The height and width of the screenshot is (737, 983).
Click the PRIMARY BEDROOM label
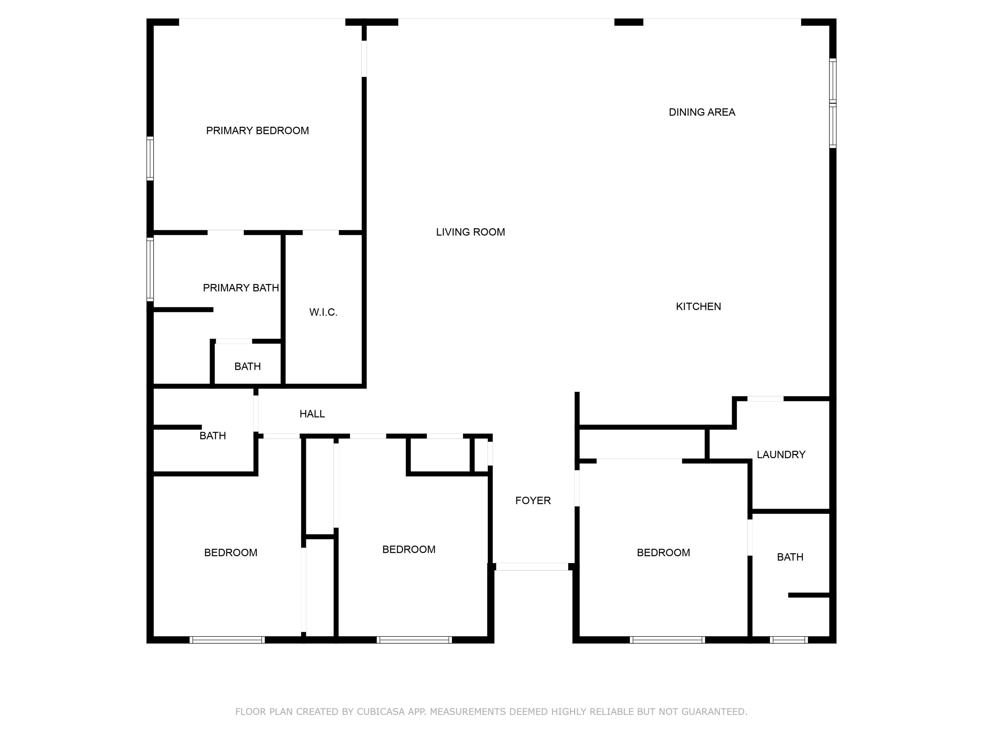pos(257,131)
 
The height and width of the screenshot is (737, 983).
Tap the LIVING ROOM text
pos(470,232)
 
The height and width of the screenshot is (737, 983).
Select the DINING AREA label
pos(702,112)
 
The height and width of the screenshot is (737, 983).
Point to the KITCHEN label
pos(698,307)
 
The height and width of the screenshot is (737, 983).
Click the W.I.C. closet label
pos(323,312)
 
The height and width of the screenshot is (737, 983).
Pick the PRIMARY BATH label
pos(241,288)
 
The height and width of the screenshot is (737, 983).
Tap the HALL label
pos(312,414)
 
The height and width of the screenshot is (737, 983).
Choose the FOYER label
pos(533,501)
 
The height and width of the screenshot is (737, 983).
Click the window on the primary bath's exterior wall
pos(150,269)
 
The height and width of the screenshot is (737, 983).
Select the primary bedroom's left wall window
pos(150,159)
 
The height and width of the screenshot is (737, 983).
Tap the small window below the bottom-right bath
pos(789,640)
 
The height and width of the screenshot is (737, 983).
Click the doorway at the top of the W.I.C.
pos(320,232)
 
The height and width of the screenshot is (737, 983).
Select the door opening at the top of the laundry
pos(765,399)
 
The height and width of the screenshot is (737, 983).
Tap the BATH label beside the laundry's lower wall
pos(790,557)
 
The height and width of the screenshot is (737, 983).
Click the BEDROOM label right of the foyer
pos(663,553)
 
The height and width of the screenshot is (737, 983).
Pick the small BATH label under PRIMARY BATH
pos(247,367)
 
